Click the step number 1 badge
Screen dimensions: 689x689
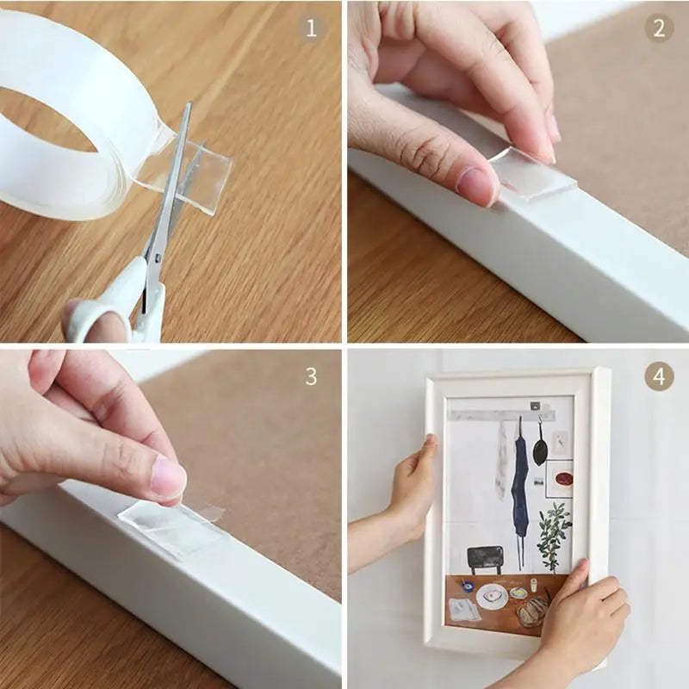coord(311,28)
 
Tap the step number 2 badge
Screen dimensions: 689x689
coord(659,28)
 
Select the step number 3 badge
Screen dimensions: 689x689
coord(311,376)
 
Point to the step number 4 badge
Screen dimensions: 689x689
coord(659,376)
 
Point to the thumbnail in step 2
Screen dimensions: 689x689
coord(476,183)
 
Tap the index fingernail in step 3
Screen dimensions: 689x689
coord(168,478)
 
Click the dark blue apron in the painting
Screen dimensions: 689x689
coord(519,482)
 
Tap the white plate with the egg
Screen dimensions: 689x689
coord(491,596)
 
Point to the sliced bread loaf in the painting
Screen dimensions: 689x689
coord(531,611)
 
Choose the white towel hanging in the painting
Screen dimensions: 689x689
coord(502,461)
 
